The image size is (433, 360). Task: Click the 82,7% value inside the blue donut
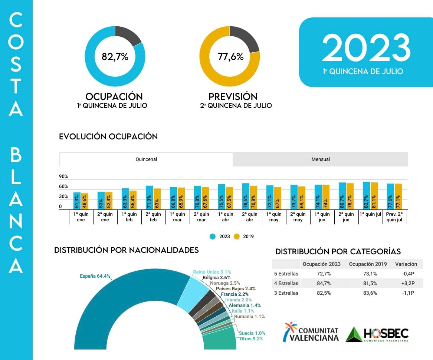coord(115,57)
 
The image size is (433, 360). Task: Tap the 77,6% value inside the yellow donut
coord(230,57)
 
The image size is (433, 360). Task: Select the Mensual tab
coord(321,159)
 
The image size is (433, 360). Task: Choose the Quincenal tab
coord(146,159)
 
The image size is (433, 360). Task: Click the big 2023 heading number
coord(366,48)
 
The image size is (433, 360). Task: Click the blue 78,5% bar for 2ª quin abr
coord(246,196)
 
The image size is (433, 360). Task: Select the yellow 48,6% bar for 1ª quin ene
coord(85,201)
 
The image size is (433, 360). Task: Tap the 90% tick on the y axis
coord(63,176)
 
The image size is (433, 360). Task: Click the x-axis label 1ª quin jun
coord(322,217)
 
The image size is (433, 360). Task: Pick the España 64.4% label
coord(95,276)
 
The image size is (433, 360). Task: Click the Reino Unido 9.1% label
coord(212,272)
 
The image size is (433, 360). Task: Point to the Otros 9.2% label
coord(251,338)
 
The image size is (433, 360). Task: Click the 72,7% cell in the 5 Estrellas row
coord(324,274)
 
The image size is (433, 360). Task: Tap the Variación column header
coord(406,264)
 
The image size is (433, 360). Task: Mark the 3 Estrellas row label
coord(286,293)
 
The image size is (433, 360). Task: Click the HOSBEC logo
coord(377,334)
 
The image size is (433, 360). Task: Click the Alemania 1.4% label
coord(245,305)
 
